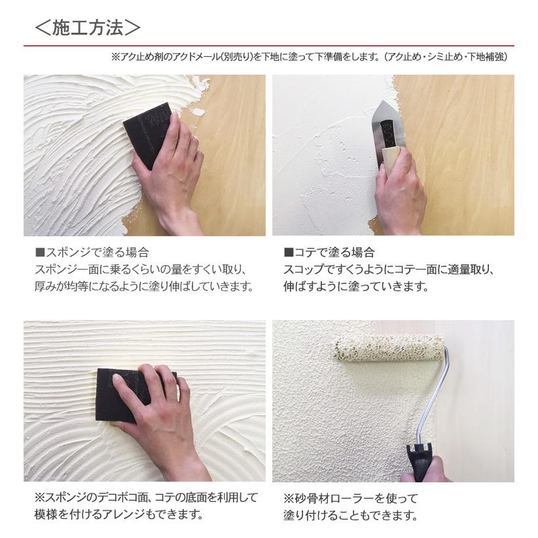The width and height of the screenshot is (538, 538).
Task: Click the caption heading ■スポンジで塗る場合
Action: click(x=92, y=252)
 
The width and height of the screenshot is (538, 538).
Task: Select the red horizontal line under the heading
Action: click(x=268, y=46)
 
